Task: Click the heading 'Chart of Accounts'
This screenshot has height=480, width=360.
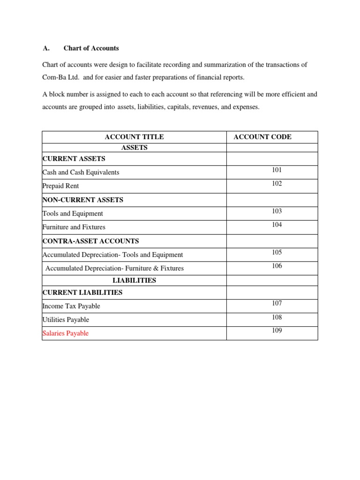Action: (x=91, y=48)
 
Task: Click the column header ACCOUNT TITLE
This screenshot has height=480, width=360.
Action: (x=134, y=137)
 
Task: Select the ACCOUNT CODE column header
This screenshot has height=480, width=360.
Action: (x=262, y=137)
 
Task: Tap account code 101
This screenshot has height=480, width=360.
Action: (x=277, y=170)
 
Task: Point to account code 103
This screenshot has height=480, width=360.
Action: (x=277, y=211)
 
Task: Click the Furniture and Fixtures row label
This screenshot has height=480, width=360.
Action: (x=74, y=227)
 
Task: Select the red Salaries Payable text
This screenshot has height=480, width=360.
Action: (x=65, y=333)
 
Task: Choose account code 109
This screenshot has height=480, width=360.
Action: (x=277, y=330)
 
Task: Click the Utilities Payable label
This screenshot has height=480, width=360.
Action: (x=66, y=320)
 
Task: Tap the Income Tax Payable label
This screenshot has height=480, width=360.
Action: (x=71, y=306)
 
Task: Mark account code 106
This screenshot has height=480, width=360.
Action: (x=277, y=266)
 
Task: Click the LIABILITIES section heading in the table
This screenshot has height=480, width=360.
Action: (x=134, y=280)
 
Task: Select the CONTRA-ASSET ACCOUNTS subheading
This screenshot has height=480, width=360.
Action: (x=90, y=241)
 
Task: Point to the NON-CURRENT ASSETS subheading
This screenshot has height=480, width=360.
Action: (x=82, y=200)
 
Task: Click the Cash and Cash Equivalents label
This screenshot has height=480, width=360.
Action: (x=81, y=172)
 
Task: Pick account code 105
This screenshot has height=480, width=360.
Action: (x=277, y=252)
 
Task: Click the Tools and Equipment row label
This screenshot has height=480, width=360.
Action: (x=73, y=213)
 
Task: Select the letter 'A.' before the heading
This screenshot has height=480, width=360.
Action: (x=46, y=48)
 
